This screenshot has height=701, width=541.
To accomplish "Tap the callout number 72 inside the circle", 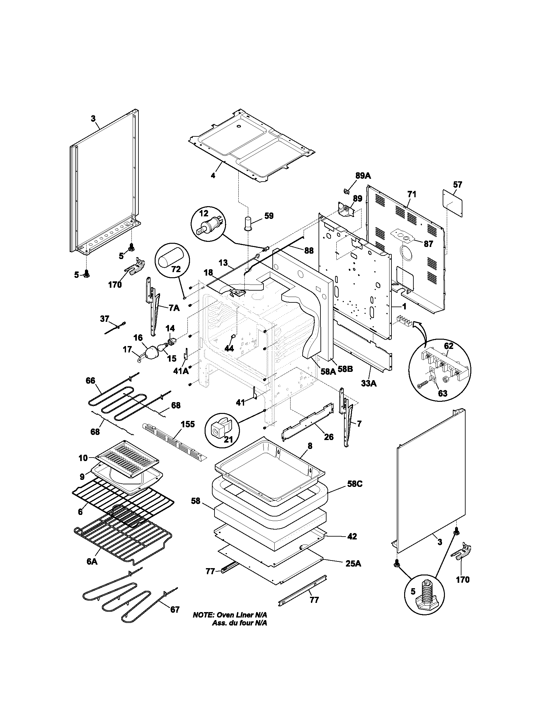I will pyautogui.click(x=176, y=269).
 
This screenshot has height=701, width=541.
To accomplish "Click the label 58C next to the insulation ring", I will pyautogui.click(x=355, y=493).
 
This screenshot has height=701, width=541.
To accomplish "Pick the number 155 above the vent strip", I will pyautogui.click(x=188, y=424).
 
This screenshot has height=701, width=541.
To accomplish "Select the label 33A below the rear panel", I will pyautogui.click(x=369, y=383).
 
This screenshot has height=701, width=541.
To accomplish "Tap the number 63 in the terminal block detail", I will pyautogui.click(x=442, y=394).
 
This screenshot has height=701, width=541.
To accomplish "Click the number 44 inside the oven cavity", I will pyautogui.click(x=229, y=348).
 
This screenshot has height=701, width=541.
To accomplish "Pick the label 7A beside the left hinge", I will pyautogui.click(x=174, y=308).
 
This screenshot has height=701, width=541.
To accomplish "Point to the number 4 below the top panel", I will pyautogui.click(x=213, y=176).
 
